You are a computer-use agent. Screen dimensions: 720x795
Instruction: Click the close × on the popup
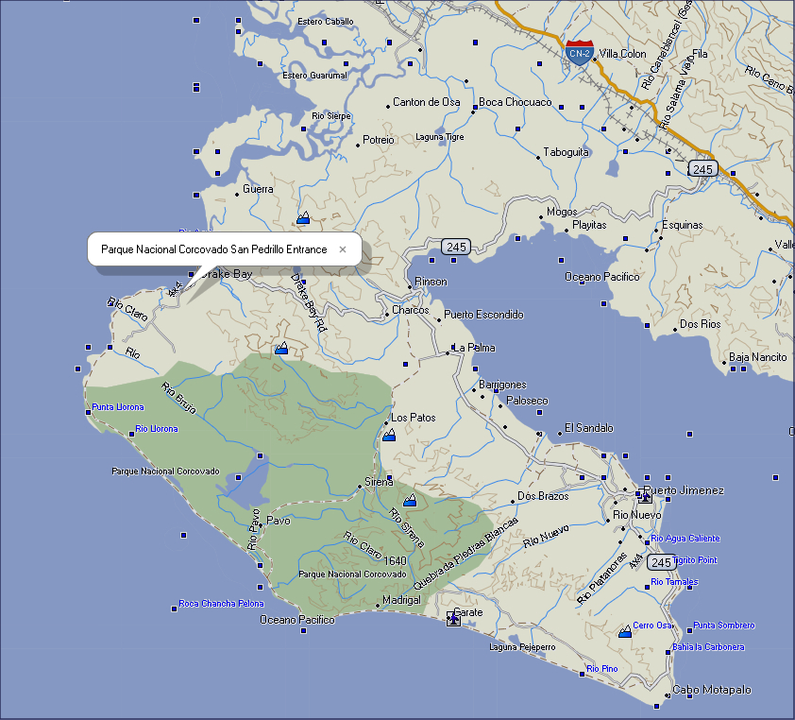click(x=343, y=250)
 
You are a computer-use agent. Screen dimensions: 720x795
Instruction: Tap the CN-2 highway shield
click(x=580, y=51)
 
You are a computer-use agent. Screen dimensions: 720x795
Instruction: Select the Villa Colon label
click(x=623, y=54)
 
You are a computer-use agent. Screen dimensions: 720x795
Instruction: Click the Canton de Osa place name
click(x=426, y=102)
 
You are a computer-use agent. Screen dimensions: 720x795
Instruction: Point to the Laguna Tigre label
click(x=440, y=137)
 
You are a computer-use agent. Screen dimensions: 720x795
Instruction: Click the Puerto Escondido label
click(x=483, y=315)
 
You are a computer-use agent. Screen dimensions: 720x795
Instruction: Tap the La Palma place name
click(x=474, y=348)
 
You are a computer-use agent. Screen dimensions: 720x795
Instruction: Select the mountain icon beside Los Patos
click(x=389, y=435)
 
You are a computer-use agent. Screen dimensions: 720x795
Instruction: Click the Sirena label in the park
click(x=379, y=483)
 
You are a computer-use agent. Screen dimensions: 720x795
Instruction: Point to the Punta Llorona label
click(x=118, y=407)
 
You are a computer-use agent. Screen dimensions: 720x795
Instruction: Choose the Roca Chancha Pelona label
click(x=222, y=604)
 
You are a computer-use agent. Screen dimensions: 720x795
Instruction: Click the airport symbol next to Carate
click(x=453, y=618)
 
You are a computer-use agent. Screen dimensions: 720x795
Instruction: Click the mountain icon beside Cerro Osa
click(x=625, y=630)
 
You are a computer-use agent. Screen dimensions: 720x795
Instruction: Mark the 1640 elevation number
click(x=396, y=560)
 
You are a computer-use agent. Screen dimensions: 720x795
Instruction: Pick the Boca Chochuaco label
click(x=516, y=102)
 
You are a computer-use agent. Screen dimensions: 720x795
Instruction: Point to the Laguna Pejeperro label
click(x=522, y=647)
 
